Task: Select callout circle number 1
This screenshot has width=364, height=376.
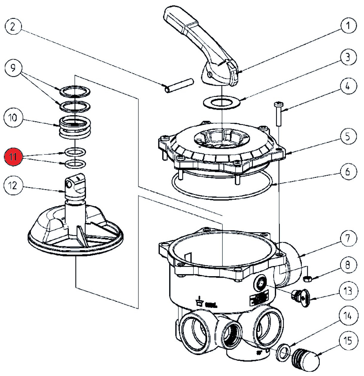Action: (x=348, y=26)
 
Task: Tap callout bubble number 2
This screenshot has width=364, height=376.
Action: (x=13, y=27)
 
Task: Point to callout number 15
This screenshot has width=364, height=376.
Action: (x=348, y=341)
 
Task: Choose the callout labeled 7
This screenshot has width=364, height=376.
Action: (x=348, y=239)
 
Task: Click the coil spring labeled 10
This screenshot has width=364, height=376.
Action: (x=75, y=127)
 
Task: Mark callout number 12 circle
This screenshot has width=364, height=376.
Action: (x=13, y=186)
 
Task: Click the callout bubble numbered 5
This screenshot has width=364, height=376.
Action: (x=348, y=137)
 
